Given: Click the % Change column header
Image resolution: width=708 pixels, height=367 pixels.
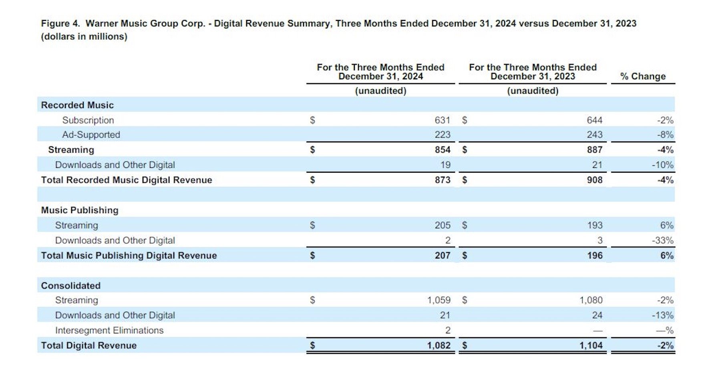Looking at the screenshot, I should coord(643,76).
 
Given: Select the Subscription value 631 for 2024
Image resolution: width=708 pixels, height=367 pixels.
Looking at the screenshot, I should coord(442,120).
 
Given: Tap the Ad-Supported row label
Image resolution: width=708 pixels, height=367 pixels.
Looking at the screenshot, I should coord(91,135).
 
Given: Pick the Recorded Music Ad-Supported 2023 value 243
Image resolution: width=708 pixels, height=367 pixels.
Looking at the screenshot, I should coord(595,135).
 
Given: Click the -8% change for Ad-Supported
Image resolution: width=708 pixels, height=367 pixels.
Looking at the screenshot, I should coord(665,135).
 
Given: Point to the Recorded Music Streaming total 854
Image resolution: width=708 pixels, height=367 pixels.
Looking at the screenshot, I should coord(442,150).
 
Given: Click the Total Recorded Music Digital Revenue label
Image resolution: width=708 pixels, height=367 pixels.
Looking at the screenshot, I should coord(127,180).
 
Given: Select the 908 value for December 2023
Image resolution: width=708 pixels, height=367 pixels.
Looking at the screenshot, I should coord(595,180).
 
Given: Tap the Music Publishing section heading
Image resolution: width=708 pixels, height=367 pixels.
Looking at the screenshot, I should coord(80,210).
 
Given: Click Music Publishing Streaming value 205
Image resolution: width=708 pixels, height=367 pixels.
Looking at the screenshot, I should coord(442,225).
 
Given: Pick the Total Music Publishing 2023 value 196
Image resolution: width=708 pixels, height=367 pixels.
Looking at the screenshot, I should coord(595,255).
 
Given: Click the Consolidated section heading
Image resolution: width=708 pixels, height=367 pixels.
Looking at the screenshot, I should coord(71,286).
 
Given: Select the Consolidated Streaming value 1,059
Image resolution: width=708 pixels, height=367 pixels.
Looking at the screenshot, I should coord(438,300).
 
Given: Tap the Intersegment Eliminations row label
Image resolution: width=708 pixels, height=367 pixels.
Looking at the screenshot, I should coord(109,330).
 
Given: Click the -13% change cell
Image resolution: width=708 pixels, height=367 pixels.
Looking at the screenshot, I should coord(663,315).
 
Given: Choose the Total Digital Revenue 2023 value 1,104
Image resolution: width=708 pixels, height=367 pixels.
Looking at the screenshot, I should coord(591,345).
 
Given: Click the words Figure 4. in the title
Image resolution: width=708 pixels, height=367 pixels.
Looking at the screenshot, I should coord(60,23).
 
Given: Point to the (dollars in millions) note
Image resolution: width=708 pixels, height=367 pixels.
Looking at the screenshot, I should coord(84,36).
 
